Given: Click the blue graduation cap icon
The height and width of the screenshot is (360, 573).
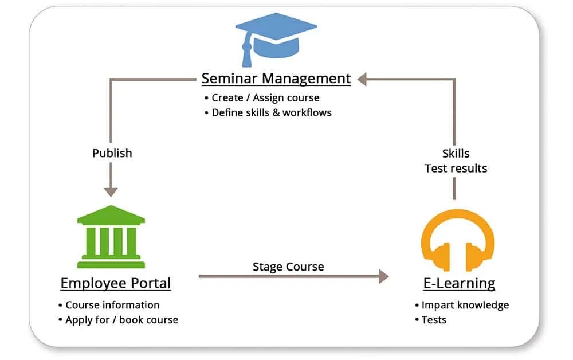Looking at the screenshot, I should (x=276, y=37).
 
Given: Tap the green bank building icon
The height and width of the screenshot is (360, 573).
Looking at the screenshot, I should (x=111, y=237).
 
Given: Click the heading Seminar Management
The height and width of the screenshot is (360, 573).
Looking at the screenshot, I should (x=276, y=78).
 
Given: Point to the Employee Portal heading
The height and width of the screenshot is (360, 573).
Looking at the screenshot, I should (x=115, y=283).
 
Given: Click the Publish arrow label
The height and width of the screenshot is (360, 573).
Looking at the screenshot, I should (x=112, y=153).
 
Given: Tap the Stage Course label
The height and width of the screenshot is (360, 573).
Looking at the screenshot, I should (x=288, y=267).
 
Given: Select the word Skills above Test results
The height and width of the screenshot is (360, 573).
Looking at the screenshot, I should (x=456, y=154).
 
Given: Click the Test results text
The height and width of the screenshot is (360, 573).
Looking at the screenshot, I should (x=456, y=169).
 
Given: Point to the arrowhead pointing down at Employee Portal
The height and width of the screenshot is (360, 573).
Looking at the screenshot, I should (x=111, y=190).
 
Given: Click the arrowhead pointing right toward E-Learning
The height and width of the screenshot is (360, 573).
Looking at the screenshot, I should (x=382, y=277).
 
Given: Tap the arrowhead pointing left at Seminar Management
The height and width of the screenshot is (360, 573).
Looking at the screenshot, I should (x=362, y=79).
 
